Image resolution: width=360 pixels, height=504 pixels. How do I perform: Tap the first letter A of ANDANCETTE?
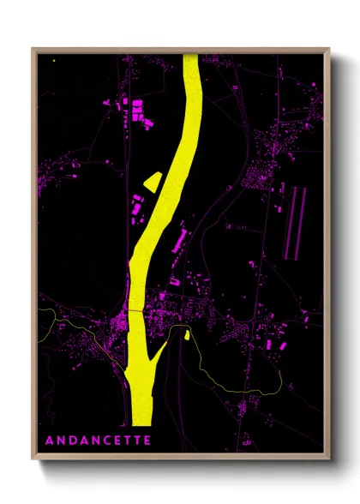click(x=48, y=441)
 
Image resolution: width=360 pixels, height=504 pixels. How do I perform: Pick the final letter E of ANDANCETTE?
click(x=146, y=441)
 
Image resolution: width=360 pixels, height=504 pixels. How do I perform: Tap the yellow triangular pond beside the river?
click(x=153, y=180)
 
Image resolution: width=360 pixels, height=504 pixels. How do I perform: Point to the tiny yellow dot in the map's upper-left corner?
click(x=53, y=60)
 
